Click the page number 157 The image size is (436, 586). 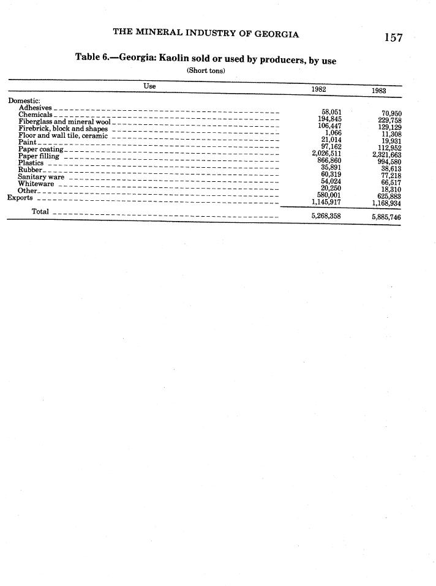point(393,37)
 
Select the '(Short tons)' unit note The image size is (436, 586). point(206,70)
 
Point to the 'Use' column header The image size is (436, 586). point(149,86)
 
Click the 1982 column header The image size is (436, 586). point(318,89)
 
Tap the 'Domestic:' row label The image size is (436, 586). point(24,100)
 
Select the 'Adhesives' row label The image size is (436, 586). point(35,108)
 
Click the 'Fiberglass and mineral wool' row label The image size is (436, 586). point(64,122)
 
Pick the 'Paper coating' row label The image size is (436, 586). point(40,149)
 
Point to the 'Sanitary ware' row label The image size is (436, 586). point(41,177)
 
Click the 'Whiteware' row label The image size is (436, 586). point(36,184)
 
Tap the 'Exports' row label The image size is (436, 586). point(20,198)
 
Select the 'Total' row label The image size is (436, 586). point(40,212)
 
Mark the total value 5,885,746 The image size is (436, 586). point(386,217)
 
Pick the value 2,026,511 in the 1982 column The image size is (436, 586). point(326,154)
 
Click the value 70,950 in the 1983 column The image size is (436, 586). point(391,114)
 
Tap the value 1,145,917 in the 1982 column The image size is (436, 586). point(326,201)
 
